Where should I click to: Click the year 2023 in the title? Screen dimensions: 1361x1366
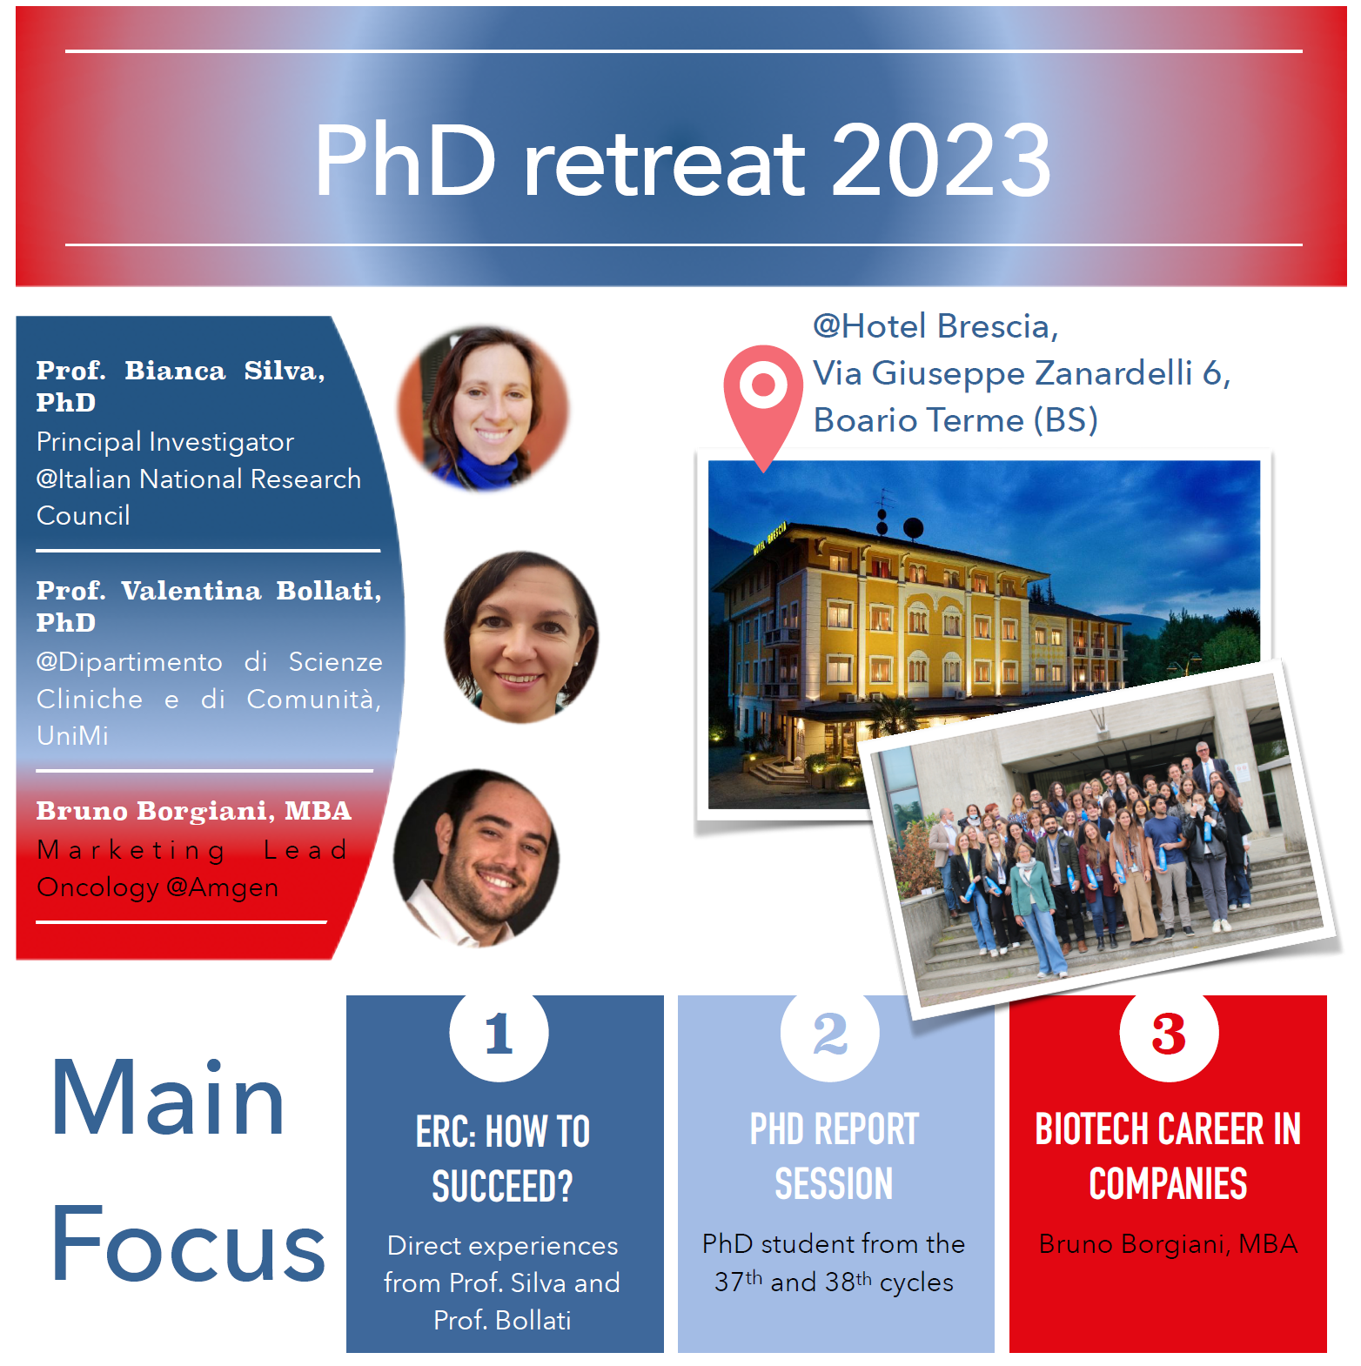tap(941, 160)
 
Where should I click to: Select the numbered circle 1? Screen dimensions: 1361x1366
tap(499, 1033)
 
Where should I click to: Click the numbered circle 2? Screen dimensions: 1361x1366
tap(830, 1033)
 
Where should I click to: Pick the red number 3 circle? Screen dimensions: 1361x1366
tap(1169, 1033)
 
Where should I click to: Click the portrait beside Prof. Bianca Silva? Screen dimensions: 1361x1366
tap(483, 409)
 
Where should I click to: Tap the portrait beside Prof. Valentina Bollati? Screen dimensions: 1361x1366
tap(521, 637)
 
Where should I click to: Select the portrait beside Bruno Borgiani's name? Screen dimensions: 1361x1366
tap(476, 858)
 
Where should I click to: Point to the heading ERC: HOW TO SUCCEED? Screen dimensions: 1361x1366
tap(503, 1159)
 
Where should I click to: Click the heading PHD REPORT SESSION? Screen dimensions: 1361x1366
tap(835, 1157)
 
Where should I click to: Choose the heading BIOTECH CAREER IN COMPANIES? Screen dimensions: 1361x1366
tap(1168, 1157)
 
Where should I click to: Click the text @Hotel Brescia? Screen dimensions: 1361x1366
tap(935, 326)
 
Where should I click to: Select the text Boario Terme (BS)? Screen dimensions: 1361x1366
tap(955, 420)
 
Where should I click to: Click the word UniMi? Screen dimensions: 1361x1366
tap(73, 736)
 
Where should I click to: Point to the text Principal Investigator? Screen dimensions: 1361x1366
tap(165, 442)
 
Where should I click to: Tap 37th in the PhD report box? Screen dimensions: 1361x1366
tap(738, 1282)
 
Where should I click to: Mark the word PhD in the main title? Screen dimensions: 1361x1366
tap(406, 160)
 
